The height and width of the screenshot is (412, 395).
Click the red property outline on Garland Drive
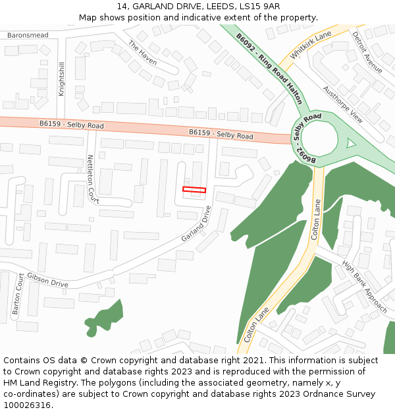coord(194,190)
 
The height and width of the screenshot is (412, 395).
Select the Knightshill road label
coord(62,79)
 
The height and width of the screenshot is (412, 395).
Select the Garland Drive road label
coord(196,223)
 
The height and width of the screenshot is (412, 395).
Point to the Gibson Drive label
coord(47,280)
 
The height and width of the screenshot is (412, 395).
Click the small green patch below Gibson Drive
coord(105,317)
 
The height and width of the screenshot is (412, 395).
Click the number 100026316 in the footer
coord(28,405)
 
